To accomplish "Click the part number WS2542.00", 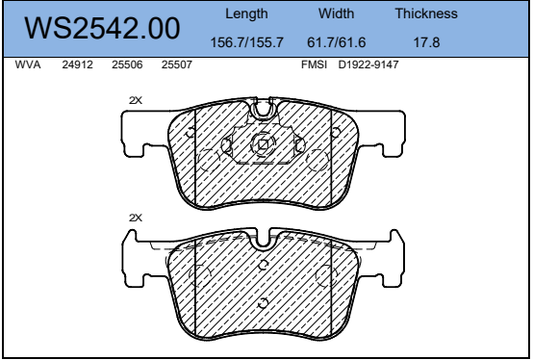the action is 102,28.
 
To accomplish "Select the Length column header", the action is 246,13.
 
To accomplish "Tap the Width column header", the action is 336,13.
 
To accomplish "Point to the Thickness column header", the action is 426,13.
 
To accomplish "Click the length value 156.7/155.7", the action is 247,42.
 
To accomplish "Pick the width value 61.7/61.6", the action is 336,42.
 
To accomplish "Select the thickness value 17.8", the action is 426,42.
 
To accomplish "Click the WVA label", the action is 28,64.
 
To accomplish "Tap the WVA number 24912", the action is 78,64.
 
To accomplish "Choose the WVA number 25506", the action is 127,64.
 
